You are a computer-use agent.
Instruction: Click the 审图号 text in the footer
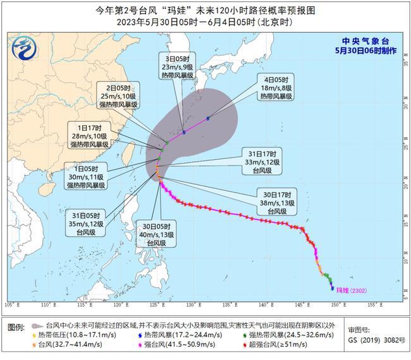point(360,330)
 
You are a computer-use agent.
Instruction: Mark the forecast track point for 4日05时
point(208,118)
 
